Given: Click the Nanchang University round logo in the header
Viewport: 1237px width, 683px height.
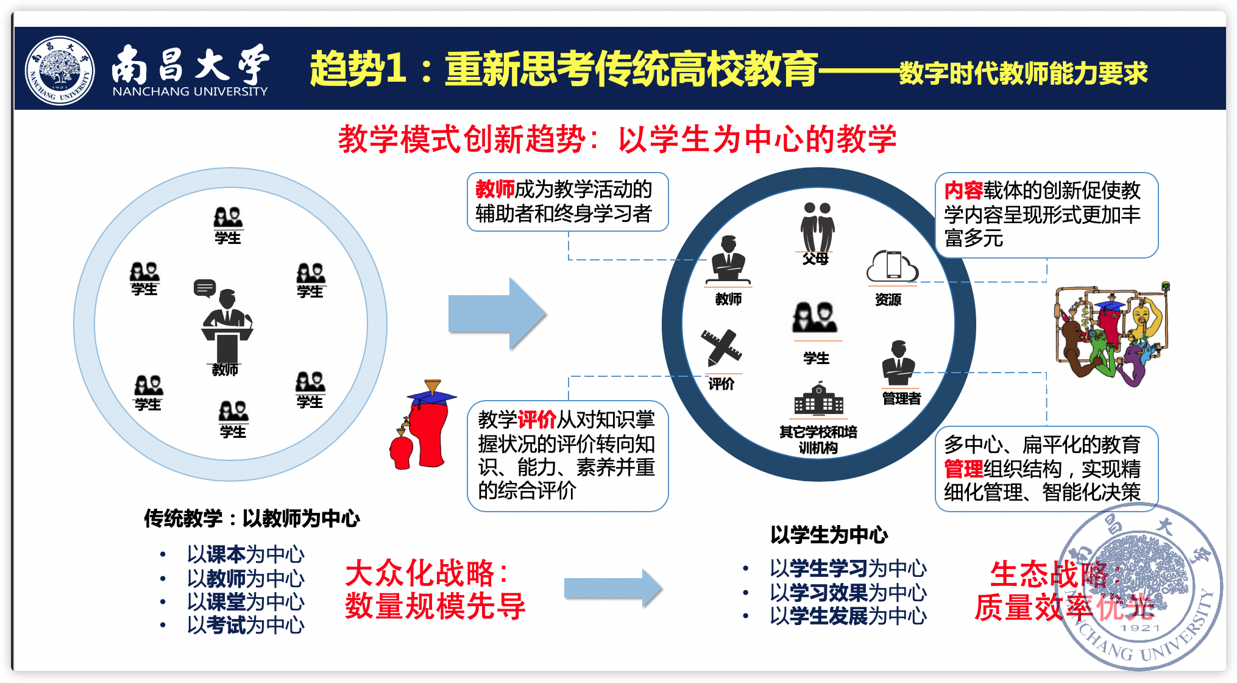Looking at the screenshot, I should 60,70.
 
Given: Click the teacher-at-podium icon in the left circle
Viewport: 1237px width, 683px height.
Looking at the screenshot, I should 227,326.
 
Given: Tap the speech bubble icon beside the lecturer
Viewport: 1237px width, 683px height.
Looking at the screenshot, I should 205,288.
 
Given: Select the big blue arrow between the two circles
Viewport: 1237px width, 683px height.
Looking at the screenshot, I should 497,314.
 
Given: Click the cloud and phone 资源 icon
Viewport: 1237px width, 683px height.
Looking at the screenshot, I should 892,267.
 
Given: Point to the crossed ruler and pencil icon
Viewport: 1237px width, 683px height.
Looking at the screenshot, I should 721,348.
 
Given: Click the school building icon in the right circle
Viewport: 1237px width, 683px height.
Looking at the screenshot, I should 818,399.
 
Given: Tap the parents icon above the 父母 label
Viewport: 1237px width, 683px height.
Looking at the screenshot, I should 817,227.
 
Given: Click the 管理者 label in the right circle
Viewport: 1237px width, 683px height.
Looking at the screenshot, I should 901,399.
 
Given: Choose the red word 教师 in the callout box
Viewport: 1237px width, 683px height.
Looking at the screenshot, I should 495,190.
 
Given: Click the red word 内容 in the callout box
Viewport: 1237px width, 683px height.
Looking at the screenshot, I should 963,191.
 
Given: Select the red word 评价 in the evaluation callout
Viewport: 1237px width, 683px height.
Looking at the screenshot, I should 536,420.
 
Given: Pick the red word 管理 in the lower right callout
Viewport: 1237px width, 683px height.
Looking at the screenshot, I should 963,469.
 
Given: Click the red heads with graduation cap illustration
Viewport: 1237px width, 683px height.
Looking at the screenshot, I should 422,425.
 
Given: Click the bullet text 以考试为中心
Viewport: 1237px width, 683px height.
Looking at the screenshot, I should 246,625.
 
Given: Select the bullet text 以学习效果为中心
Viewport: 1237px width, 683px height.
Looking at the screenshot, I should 848,592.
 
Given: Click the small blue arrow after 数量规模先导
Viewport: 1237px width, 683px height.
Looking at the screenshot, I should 612,588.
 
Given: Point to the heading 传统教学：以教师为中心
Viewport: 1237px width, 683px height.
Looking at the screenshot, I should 252,518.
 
